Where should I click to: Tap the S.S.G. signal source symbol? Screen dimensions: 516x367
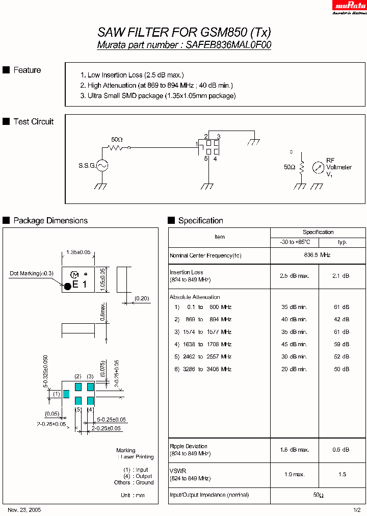(102, 165)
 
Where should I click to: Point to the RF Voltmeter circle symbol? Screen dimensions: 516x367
(318, 167)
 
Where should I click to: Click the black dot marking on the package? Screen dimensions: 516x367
(67, 286)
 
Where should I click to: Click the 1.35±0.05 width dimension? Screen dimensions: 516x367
(78, 252)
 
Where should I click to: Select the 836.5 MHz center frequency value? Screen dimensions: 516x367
(318, 255)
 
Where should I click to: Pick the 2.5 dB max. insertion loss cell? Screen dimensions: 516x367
(294, 275)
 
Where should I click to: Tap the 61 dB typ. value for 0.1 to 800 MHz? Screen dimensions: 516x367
(342, 307)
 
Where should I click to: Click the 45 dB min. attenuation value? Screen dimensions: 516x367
(294, 344)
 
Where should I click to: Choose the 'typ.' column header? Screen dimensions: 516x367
(342, 242)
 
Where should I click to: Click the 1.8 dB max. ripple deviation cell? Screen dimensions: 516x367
(294, 449)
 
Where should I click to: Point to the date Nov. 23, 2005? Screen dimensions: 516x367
(24, 509)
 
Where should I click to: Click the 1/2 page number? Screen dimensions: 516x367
(357, 509)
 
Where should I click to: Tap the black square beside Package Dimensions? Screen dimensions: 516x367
(6, 220)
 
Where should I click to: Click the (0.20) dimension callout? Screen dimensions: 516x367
(142, 298)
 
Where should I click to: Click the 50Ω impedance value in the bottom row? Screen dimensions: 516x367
(318, 495)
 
